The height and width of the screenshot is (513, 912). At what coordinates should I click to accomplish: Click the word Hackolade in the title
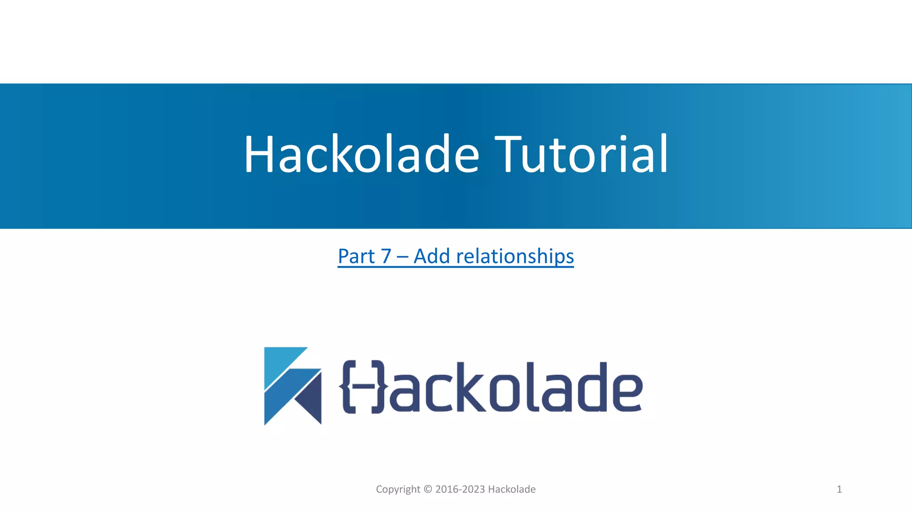point(361,154)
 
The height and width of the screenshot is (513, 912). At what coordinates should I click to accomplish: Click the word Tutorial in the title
point(581,154)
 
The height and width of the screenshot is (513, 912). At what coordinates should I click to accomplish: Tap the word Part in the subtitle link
point(356,256)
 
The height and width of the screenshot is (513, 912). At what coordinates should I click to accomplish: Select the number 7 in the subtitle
point(386,256)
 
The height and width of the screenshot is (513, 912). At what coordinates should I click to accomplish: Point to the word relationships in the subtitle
point(515,256)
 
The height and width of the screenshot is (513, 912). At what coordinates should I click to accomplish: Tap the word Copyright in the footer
point(398,489)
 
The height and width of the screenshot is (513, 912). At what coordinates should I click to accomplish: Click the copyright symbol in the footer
point(427,489)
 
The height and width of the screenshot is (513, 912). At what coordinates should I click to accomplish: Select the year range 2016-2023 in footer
point(460,489)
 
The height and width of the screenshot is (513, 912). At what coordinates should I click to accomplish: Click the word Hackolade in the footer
point(512,489)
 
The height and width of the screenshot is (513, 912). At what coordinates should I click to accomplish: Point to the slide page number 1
point(839,489)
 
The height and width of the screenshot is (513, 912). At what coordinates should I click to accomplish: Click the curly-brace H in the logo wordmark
point(362,387)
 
